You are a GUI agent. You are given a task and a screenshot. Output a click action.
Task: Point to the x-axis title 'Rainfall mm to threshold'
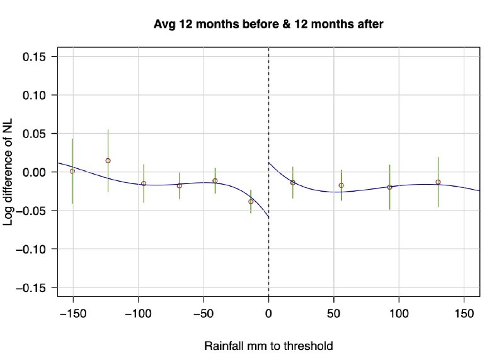click(x=268, y=346)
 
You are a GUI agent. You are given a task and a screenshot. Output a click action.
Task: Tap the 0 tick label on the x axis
click(x=269, y=312)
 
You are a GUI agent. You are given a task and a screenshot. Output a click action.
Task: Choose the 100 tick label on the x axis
click(x=399, y=312)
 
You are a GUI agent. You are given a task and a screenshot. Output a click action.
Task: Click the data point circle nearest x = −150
click(x=72, y=171)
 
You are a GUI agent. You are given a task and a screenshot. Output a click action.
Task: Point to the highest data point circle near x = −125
click(x=108, y=161)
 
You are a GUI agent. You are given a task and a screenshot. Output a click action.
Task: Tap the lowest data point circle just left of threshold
click(x=251, y=202)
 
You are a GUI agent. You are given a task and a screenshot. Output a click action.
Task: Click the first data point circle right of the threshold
click(x=292, y=182)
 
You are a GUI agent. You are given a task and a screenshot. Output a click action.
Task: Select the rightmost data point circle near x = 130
click(x=438, y=182)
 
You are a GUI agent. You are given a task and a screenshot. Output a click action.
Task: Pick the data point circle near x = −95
click(x=144, y=183)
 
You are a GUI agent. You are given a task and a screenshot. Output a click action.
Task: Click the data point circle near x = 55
click(x=341, y=185)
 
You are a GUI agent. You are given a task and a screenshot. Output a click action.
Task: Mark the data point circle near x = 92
click(x=389, y=187)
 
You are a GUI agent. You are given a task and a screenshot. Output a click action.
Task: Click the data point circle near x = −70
click(x=180, y=185)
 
